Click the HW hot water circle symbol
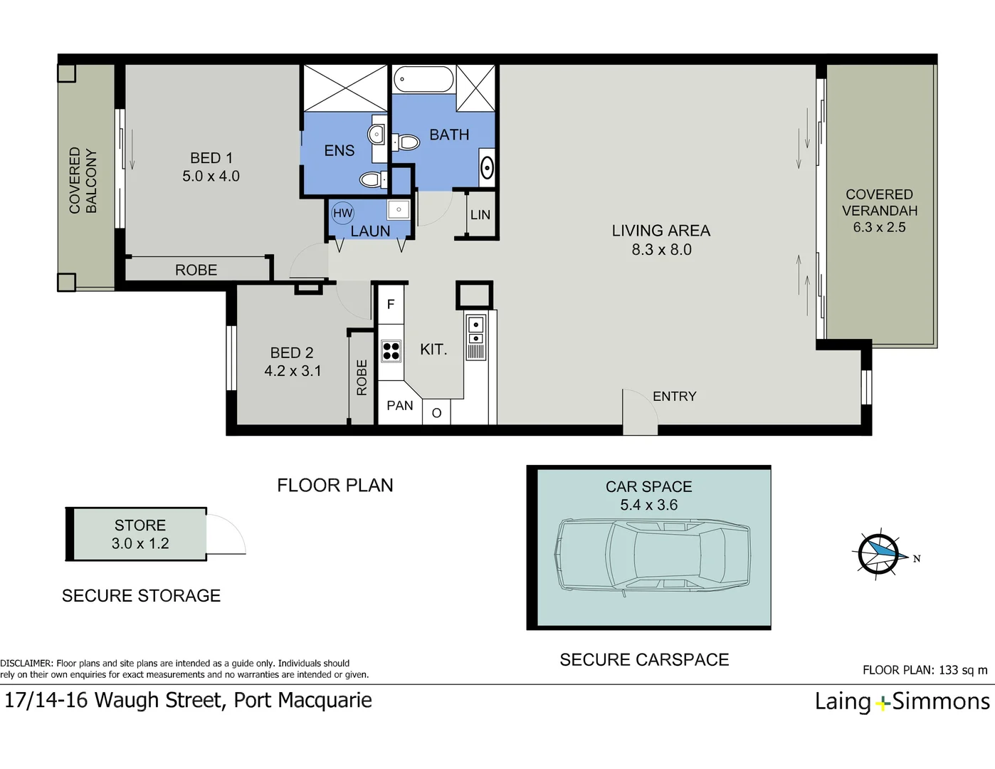pyautogui.click(x=342, y=213)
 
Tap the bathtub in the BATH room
pyautogui.click(x=423, y=79)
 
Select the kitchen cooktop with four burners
pyautogui.click(x=391, y=351)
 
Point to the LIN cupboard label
pyautogui.click(x=480, y=214)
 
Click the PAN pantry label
pyautogui.click(x=400, y=405)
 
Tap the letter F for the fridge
pyautogui.click(x=391, y=304)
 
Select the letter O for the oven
pyautogui.click(x=436, y=413)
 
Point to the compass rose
pyautogui.click(x=878, y=554)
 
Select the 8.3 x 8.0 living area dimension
pyautogui.click(x=661, y=250)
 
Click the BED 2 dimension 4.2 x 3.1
pyautogui.click(x=293, y=370)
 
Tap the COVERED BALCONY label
pyautogui.click(x=83, y=180)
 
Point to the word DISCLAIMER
pyautogui.click(x=26, y=663)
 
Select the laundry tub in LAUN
pyautogui.click(x=399, y=210)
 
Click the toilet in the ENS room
pyautogui.click(x=373, y=179)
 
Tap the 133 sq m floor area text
pyautogui.click(x=963, y=670)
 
